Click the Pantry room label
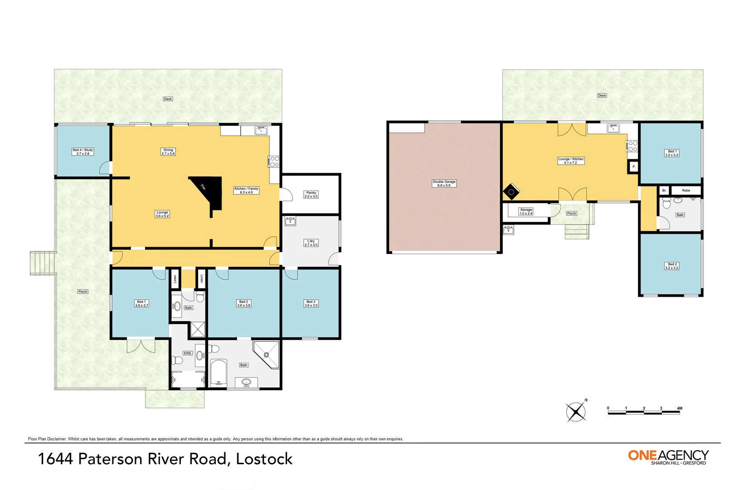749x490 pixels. point(311,195)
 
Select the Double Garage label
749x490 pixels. point(444,183)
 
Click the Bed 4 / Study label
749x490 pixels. point(83,152)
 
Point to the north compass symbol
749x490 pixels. point(576,412)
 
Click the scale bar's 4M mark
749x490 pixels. point(679,409)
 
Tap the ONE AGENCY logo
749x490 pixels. point(668,456)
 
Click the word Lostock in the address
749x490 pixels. point(264,459)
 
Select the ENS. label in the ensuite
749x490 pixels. point(187,353)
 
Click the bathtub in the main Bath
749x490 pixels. point(219,372)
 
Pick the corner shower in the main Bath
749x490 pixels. point(267,354)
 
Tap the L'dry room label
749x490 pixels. point(311,243)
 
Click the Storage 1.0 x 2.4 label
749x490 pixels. point(526,211)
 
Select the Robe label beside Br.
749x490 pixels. point(686,191)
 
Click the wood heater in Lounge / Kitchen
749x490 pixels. point(511,191)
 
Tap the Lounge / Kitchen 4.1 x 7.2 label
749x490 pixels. point(571,161)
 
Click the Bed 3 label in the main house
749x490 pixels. point(311,304)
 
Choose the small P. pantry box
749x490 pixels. point(633,167)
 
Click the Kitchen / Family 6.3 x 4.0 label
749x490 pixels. point(246,191)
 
